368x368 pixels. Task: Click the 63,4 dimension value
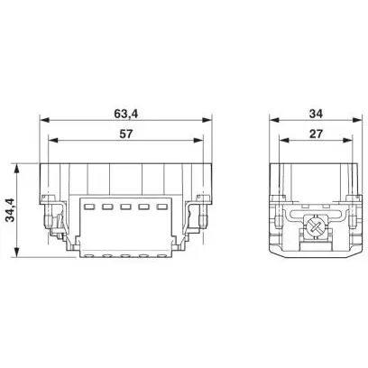pos(125,114)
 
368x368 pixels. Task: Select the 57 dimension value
pos(125,133)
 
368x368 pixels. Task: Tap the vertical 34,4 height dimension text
pos(11,210)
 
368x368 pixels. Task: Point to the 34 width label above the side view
pos(316,114)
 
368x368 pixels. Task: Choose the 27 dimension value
pos(316,133)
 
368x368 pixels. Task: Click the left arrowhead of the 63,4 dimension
pos(44,120)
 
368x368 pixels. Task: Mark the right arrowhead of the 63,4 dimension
pos(207,120)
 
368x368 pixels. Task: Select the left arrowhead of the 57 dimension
pos(53,140)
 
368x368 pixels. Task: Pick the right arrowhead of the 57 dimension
pos(198,140)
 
